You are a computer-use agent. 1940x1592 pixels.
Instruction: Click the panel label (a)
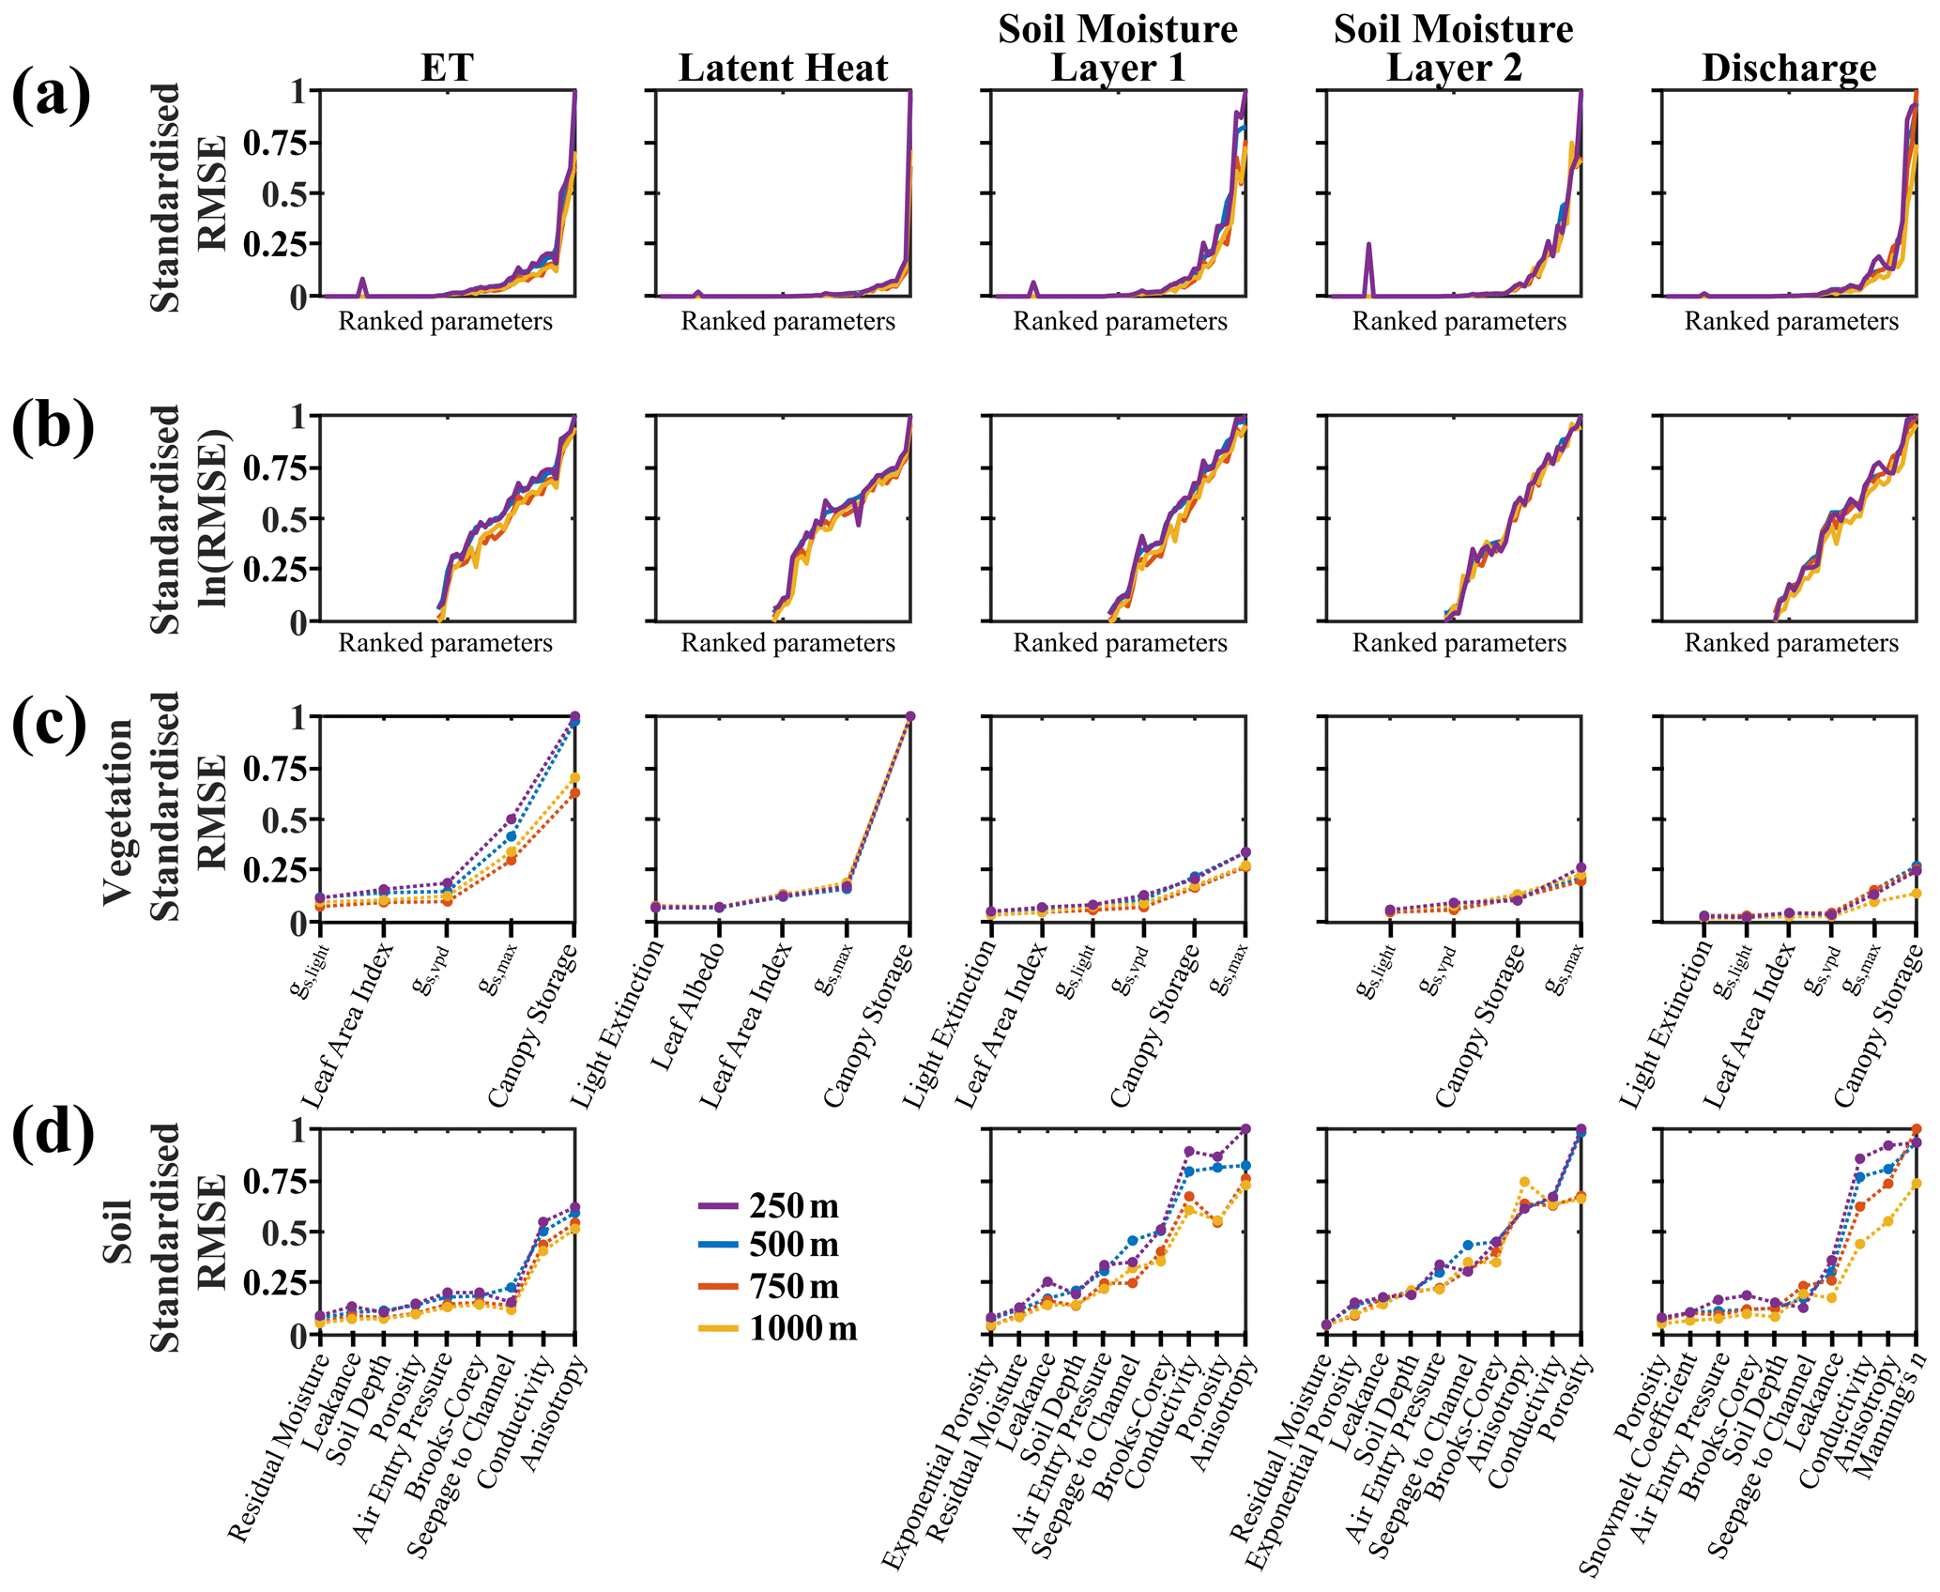point(52,94)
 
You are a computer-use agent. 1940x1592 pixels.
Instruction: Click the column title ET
point(447,68)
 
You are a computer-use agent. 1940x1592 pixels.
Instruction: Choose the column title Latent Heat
point(783,68)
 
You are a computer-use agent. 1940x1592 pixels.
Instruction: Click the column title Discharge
point(1789,68)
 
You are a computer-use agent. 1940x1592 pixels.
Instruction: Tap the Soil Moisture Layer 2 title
point(1453,49)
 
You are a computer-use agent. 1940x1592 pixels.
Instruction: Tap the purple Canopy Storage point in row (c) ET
point(574,716)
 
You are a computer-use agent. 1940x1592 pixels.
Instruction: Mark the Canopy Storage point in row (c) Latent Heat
point(909,716)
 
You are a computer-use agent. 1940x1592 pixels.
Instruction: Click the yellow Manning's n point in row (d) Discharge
point(1916,1184)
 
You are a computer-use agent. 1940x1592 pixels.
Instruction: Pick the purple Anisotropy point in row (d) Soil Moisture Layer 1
point(1245,1128)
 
